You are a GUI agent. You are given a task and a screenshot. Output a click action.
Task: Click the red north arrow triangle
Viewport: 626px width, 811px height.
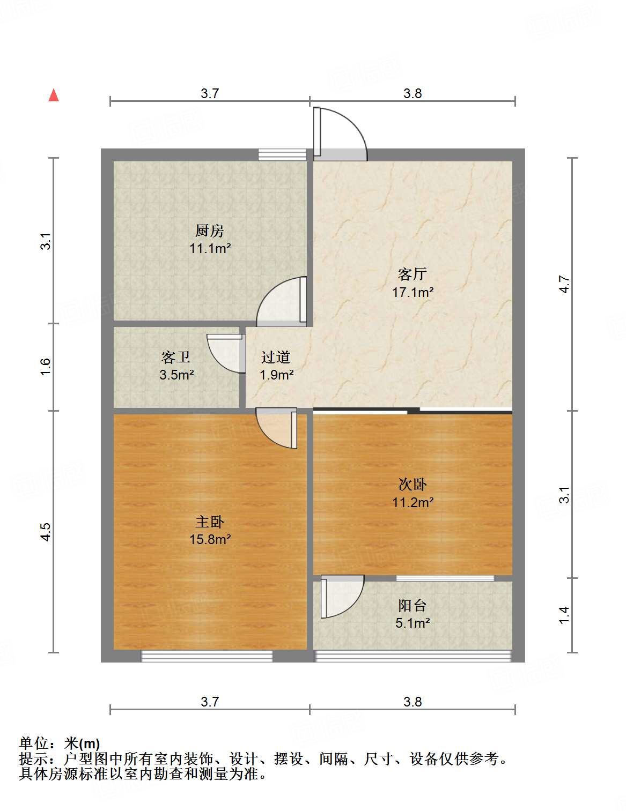click(x=54, y=95)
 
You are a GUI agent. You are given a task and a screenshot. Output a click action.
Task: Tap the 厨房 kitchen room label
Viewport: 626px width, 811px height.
click(x=209, y=231)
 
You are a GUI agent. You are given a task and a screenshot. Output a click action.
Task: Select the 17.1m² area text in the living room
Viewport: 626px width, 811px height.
click(x=413, y=292)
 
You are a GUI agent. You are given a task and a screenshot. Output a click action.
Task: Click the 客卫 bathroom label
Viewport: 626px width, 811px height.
click(x=176, y=357)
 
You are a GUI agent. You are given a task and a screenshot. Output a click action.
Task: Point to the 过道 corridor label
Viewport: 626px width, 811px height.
click(x=276, y=357)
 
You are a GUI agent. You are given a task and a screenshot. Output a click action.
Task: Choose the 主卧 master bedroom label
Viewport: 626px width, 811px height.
click(x=209, y=522)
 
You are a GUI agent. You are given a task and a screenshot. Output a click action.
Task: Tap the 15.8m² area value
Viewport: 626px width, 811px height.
click(x=210, y=539)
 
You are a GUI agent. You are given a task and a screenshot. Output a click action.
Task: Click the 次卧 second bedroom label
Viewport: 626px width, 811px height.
click(x=413, y=485)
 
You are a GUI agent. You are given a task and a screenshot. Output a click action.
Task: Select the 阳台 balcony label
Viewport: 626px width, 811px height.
click(x=413, y=606)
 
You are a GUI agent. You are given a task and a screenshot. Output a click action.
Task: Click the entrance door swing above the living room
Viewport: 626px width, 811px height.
click(x=339, y=134)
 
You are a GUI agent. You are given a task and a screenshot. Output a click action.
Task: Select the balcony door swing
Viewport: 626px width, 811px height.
click(x=341, y=596)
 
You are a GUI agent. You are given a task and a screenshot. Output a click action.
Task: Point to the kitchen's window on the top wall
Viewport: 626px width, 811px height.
click(x=282, y=154)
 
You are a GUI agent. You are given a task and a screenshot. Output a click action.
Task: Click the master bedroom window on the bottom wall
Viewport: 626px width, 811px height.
click(x=207, y=656)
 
